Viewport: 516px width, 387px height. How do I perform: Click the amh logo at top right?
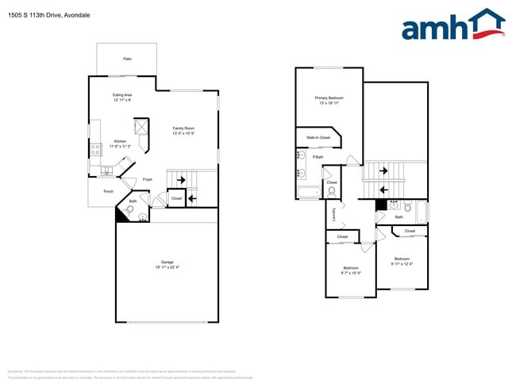pos(452,25)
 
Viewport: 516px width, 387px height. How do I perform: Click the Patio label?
pos(127,59)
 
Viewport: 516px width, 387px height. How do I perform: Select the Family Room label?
pos(183,128)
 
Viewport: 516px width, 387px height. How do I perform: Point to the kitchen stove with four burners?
pos(95,148)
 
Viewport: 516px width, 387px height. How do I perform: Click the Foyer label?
pos(147,180)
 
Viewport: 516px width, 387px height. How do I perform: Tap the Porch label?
pos(108,191)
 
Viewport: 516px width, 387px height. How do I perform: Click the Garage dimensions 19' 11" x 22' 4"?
pos(168,266)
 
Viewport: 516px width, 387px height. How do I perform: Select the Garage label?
pos(167,262)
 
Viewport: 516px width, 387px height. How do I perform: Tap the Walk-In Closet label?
pos(318,137)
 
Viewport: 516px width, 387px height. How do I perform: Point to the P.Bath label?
pos(318,157)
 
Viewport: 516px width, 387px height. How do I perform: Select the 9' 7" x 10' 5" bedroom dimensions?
pos(350,273)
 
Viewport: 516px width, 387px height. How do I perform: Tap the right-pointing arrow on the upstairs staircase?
pos(383,170)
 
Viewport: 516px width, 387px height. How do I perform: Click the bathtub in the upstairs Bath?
pos(422,213)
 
